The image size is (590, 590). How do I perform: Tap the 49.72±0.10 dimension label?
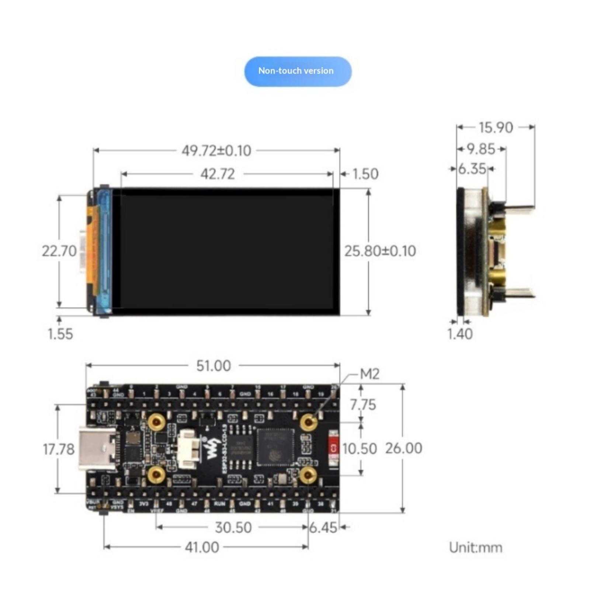tap(216, 151)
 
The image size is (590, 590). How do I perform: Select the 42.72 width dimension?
tap(218, 174)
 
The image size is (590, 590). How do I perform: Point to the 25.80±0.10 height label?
tap(380, 251)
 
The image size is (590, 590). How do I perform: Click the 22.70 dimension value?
tap(59, 251)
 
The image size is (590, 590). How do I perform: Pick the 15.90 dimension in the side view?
tap(496, 128)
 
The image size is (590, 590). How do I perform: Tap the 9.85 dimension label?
tap(481, 149)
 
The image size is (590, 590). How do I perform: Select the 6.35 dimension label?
tap(472, 169)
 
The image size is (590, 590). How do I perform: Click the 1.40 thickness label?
tap(459, 334)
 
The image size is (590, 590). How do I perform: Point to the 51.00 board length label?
tap(214, 366)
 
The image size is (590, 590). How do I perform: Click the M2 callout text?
tap(369, 374)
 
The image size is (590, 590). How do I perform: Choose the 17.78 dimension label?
tap(59, 449)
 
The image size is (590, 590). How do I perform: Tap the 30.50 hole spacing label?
tap(233, 527)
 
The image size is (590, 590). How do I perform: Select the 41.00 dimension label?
tap(202, 547)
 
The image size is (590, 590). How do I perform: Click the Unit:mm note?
tap(475, 548)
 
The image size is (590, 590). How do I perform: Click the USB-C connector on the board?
tap(97, 449)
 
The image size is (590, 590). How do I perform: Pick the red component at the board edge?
tap(333, 449)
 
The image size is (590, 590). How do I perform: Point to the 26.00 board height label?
tap(404, 448)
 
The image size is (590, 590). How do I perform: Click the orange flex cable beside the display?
tap(93, 251)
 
